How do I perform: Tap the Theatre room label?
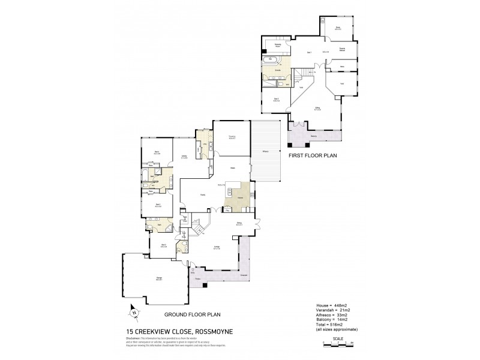tap(231, 137)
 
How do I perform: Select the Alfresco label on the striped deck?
tap(265, 151)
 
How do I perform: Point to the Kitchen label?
tap(239, 197)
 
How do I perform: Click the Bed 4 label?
tap(157, 153)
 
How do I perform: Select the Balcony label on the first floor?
tap(314, 137)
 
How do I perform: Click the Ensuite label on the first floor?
tap(278, 71)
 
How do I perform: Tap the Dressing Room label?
tap(279, 45)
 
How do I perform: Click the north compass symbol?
tap(134, 312)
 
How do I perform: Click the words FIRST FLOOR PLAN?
tap(313, 155)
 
